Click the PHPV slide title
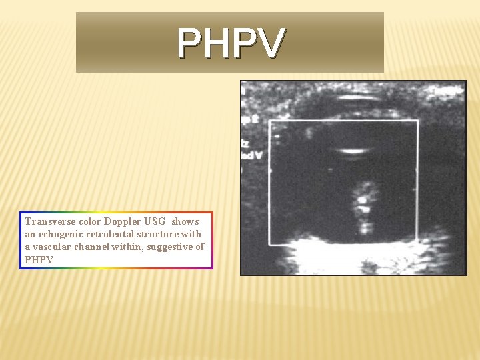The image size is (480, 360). tap(231, 43)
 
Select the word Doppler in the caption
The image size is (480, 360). tap(122, 221)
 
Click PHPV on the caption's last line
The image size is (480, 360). tap(38, 259)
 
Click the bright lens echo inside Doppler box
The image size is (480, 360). tap(353, 150)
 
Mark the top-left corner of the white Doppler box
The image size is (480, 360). tap(269, 121)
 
